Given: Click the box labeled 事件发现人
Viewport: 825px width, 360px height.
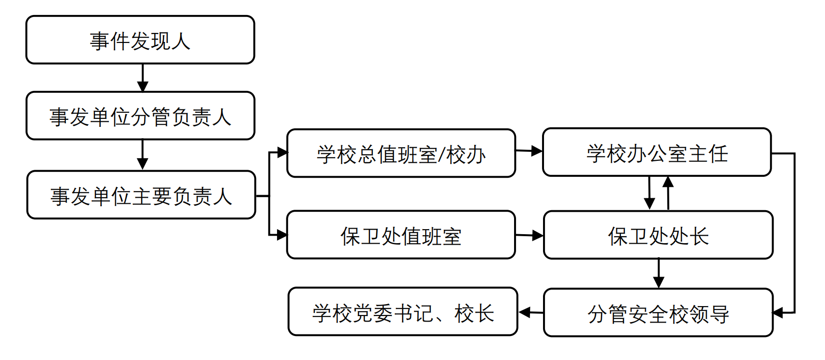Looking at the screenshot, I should click(x=140, y=40).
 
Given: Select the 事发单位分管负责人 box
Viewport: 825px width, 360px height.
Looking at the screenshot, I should click(x=140, y=116).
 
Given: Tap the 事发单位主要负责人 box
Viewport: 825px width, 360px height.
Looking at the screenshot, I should click(x=141, y=195).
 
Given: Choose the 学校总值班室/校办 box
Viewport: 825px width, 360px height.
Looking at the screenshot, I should click(x=401, y=154).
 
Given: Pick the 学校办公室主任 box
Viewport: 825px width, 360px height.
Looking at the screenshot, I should click(x=657, y=153).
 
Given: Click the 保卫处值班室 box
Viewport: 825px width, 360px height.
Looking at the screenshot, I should click(x=401, y=235).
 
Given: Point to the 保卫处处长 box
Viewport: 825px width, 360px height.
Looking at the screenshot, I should click(x=658, y=235).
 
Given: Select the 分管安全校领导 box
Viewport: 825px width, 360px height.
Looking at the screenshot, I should click(x=658, y=313).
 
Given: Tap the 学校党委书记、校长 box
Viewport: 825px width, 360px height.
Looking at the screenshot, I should click(x=403, y=312).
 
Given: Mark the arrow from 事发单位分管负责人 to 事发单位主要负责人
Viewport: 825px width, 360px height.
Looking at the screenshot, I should click(x=143, y=155).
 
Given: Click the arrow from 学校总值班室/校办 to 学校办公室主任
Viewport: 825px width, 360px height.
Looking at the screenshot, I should click(x=529, y=150).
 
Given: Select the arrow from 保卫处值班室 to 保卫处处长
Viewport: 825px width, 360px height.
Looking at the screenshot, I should click(x=529, y=235).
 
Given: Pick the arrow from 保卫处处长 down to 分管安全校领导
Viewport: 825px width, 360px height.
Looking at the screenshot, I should click(x=659, y=273).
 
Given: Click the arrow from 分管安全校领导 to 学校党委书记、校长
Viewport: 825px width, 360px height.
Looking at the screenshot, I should click(x=531, y=313).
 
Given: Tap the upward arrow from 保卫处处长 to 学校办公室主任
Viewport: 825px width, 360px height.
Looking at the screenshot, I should click(x=668, y=193).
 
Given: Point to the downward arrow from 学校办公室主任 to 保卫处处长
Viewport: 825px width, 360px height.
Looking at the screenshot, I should click(x=649, y=193).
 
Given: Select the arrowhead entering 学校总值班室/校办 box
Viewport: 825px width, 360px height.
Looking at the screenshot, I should click(x=282, y=152).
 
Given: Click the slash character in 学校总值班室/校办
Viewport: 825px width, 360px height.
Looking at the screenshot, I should click(x=441, y=155).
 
